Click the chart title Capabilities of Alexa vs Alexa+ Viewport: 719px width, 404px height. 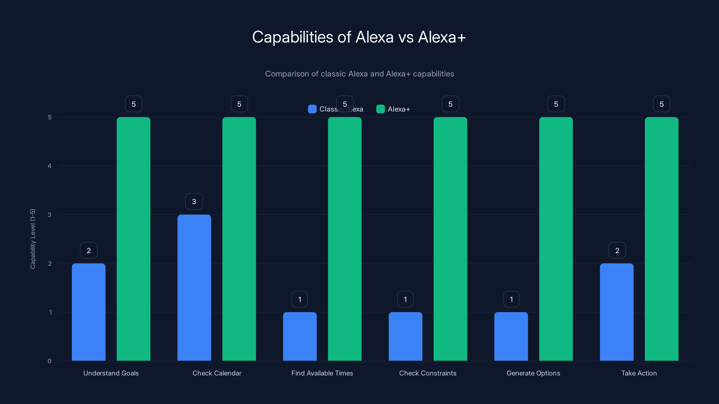click(359, 37)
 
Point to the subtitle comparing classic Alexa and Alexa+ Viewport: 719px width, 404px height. click(359, 74)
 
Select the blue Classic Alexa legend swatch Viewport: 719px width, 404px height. click(312, 109)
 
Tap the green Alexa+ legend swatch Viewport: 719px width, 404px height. click(380, 109)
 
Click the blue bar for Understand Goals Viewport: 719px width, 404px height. click(89, 312)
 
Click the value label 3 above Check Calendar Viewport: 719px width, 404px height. click(194, 201)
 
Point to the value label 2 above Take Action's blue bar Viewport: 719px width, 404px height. click(617, 250)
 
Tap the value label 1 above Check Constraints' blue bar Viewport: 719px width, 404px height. click(405, 299)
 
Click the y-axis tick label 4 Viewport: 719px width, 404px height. click(49, 166)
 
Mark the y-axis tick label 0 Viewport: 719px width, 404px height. click(49, 361)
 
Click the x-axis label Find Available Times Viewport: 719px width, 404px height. click(322, 373)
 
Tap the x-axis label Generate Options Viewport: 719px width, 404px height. click(533, 373)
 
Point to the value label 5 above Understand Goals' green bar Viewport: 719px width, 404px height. click(133, 104)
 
